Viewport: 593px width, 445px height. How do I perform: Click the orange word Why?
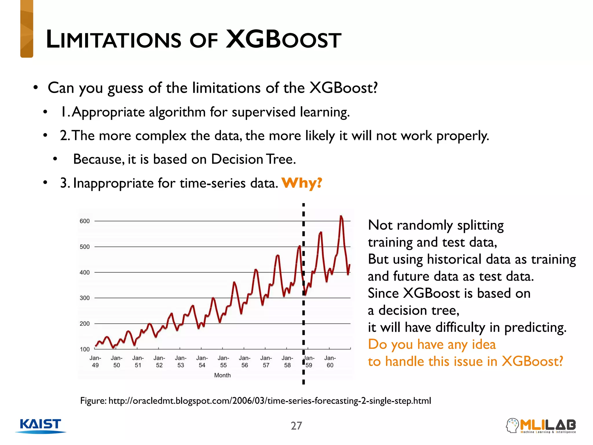(x=301, y=183)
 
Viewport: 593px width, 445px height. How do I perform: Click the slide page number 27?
(x=296, y=426)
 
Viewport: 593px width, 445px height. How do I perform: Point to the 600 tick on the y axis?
(x=85, y=221)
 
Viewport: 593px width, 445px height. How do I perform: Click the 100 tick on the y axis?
(x=85, y=349)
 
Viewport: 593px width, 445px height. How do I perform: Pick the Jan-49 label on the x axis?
(x=95, y=362)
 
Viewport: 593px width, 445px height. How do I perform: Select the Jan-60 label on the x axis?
(x=330, y=362)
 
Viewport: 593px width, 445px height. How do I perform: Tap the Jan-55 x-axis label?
(x=223, y=362)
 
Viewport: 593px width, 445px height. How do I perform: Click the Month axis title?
(x=222, y=375)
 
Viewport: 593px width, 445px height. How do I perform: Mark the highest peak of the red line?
(x=341, y=216)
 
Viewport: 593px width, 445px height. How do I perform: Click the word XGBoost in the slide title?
(x=283, y=39)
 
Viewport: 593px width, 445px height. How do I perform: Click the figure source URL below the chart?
(x=269, y=401)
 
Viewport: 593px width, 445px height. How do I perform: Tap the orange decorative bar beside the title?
(x=27, y=29)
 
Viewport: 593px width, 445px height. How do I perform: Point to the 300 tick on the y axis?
(x=85, y=298)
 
